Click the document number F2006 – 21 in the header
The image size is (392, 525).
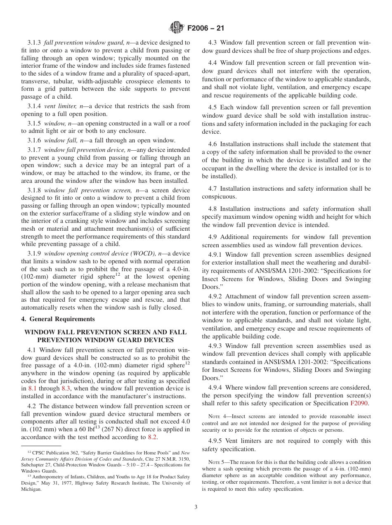point(205,28)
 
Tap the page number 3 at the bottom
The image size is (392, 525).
point(196,507)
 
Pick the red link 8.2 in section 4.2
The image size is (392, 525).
point(152,437)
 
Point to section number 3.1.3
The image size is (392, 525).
point(35,43)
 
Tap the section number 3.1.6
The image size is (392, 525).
point(35,140)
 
